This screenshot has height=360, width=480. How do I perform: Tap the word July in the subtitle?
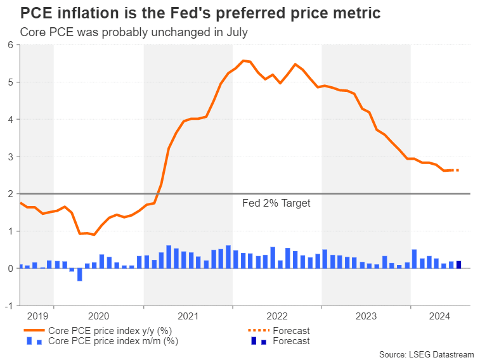(x=234, y=32)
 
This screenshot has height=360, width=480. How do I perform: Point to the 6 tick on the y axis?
(x=11, y=44)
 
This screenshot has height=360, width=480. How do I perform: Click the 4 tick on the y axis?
(x=11, y=119)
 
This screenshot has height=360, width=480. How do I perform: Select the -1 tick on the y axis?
(x=9, y=305)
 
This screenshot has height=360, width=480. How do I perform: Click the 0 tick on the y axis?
(x=11, y=269)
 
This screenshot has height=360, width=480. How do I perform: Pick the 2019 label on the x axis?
(x=37, y=315)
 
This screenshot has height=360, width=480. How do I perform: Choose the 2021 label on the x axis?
(x=188, y=315)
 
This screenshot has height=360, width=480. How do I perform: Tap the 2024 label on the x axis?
(x=440, y=315)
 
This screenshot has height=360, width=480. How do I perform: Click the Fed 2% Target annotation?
(x=276, y=203)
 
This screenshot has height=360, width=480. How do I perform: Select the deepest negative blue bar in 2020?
(x=79, y=274)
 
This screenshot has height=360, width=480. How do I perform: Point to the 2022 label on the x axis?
(x=277, y=315)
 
